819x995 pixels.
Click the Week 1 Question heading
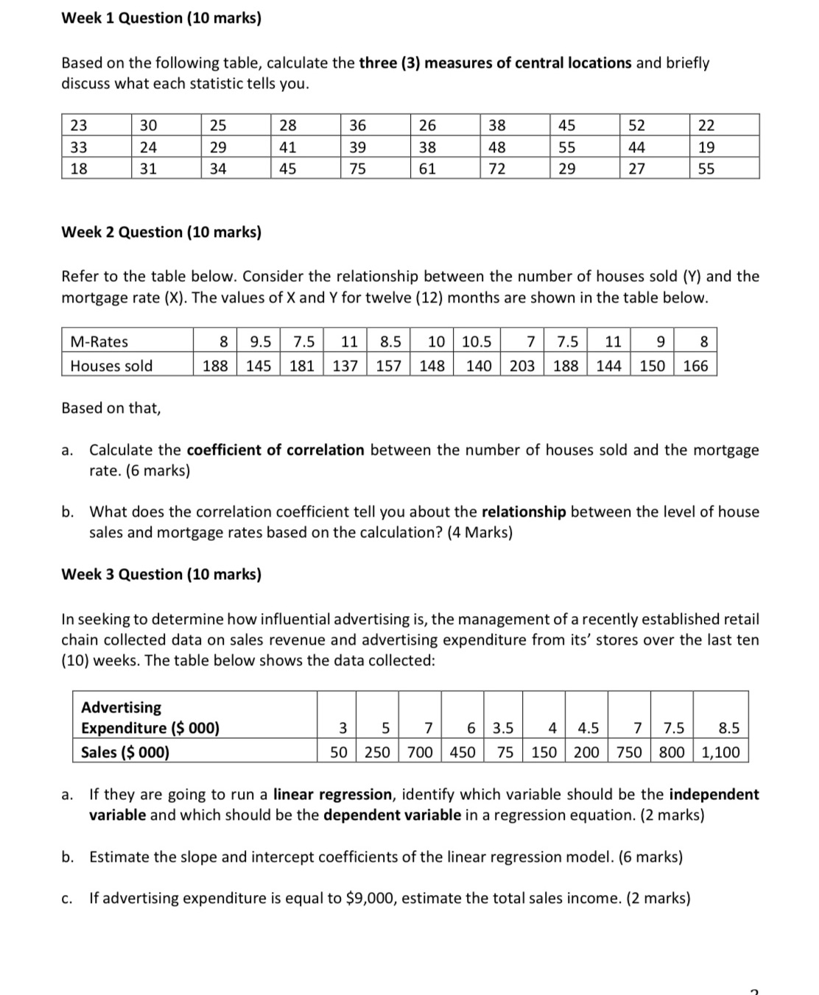coord(161,18)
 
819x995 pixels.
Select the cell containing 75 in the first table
coord(357,169)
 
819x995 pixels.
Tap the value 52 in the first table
coord(636,125)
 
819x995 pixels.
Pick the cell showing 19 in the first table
coord(706,147)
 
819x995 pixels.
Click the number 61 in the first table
coord(427,169)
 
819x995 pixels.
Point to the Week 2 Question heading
coord(161,233)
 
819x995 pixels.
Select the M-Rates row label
coord(99,341)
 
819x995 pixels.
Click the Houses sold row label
coord(111,366)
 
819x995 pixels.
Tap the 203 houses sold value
coord(521,366)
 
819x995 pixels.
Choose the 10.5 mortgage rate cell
coord(477,341)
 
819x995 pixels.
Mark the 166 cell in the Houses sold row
coord(695,366)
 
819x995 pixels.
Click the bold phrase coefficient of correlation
coord(275,450)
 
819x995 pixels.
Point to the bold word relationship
coord(524,511)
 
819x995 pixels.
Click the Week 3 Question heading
coord(161,574)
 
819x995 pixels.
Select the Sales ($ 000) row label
coord(125,752)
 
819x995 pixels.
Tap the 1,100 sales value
coord(721,752)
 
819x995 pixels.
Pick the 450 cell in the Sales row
coord(462,752)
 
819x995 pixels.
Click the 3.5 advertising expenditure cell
coord(503,729)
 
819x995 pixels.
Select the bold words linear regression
coord(333,795)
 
